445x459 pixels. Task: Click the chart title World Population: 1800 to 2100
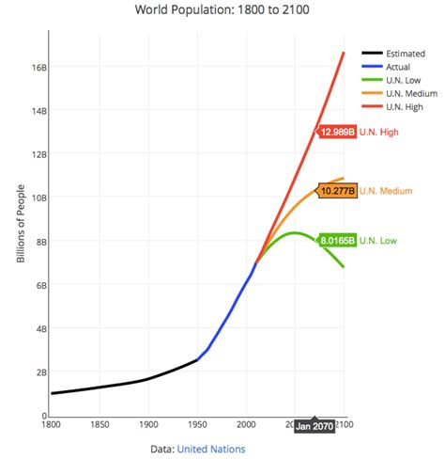(222, 11)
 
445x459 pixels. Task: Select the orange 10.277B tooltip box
(338, 191)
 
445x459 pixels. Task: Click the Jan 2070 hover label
(314, 426)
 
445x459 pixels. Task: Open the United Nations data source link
(211, 450)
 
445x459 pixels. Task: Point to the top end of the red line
(344, 53)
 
